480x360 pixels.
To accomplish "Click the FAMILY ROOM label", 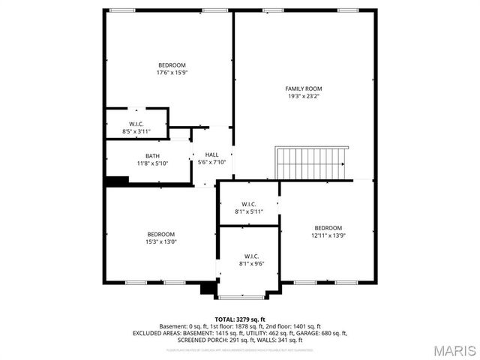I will coord(303,88).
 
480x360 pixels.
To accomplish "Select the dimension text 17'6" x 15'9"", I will coord(171,73).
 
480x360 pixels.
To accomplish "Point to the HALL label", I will coord(212,154).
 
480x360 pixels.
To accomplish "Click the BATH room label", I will coord(152,156).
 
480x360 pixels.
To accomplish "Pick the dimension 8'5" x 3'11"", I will coord(136,131).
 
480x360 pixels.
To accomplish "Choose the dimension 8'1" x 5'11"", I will coord(249,211).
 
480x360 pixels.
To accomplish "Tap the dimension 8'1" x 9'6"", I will coord(249,263).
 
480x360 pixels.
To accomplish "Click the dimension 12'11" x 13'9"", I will coord(328,235).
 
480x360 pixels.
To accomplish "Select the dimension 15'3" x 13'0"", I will coord(160,241).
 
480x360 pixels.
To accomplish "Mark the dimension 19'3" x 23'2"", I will coord(303,96).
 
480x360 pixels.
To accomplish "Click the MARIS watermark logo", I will coord(450,350).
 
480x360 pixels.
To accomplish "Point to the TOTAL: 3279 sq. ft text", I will coord(239,319).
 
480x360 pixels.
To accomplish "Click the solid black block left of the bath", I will coord(116,181).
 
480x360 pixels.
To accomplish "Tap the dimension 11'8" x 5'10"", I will coord(152,163).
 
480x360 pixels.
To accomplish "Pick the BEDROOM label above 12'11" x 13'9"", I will coord(328,228).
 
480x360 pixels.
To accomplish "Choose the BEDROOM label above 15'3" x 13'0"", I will coord(160,234).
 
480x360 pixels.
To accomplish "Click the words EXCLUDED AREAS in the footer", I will coord(155,333).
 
